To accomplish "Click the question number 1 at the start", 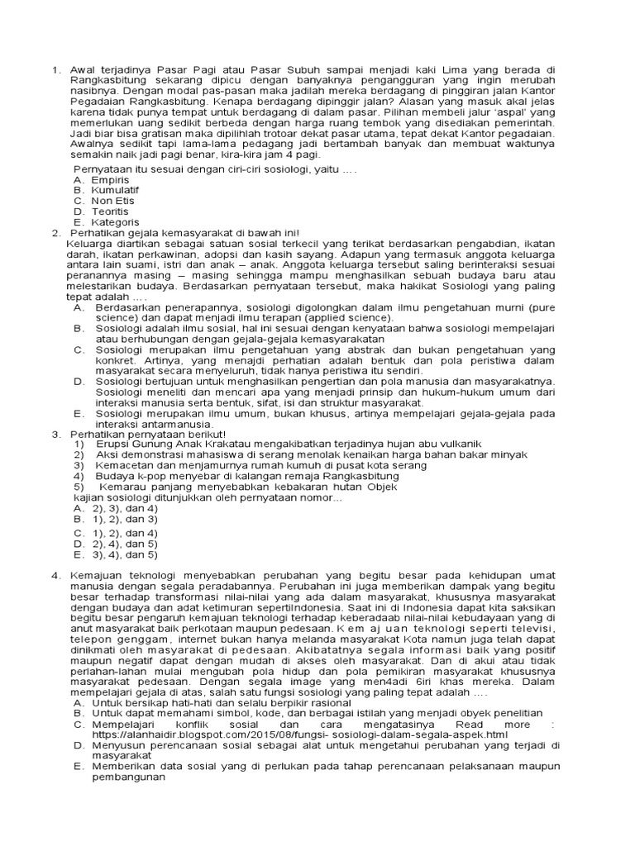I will coord(55,69).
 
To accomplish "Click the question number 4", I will coord(55,575).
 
